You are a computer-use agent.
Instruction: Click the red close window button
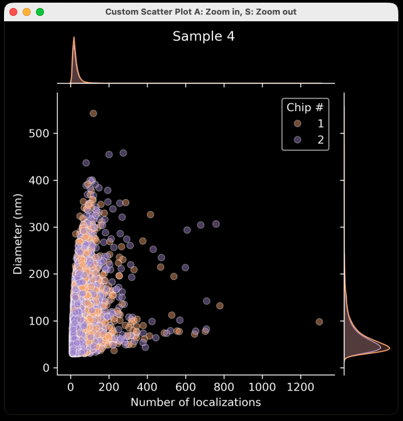click(x=13, y=12)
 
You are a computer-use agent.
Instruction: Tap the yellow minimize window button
click(x=27, y=12)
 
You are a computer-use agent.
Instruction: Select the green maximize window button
click(x=40, y=12)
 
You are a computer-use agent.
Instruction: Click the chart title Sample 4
click(x=203, y=37)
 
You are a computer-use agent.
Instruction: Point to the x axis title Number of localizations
click(x=196, y=402)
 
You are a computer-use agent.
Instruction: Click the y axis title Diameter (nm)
click(x=18, y=229)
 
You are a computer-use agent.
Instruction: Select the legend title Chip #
click(x=304, y=107)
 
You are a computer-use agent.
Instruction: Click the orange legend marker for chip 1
click(x=297, y=123)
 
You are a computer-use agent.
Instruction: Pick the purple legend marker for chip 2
click(x=297, y=139)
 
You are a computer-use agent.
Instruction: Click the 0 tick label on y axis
click(x=47, y=368)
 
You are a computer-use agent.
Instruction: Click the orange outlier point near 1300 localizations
click(x=319, y=322)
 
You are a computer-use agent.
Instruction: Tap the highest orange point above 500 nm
click(x=93, y=114)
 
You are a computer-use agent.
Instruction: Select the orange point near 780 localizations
click(x=220, y=306)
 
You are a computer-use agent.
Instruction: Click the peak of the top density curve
click(x=73, y=38)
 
